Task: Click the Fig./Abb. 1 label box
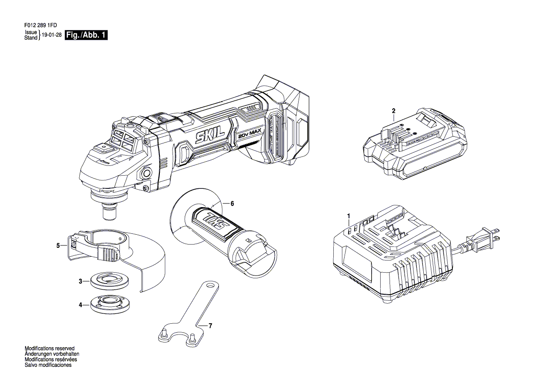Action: [x=86, y=35]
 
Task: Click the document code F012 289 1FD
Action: [x=41, y=25]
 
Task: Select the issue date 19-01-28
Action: [x=52, y=35]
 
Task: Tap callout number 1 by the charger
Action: [x=348, y=216]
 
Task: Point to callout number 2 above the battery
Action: [x=393, y=111]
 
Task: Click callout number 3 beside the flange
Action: [x=80, y=281]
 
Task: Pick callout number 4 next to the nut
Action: [x=80, y=305]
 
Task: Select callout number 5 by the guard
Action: [x=58, y=246]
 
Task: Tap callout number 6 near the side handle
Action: [x=232, y=204]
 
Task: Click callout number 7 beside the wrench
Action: [x=210, y=326]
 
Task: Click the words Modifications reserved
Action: [x=50, y=348]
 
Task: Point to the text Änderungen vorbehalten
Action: [x=50, y=354]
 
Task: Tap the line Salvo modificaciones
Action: [x=48, y=365]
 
